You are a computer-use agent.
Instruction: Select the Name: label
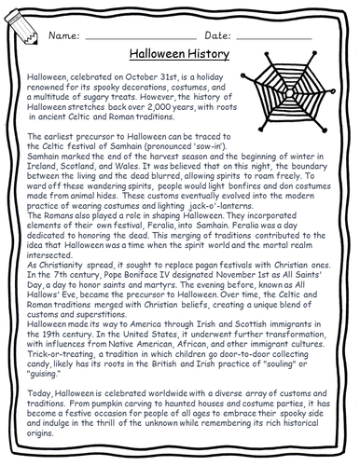pyautogui.click(x=66, y=35)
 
